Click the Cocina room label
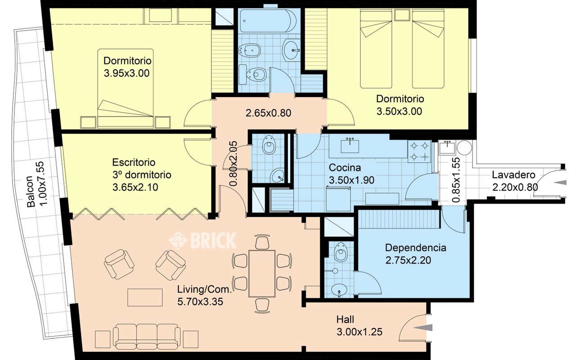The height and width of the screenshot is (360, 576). point(345,168)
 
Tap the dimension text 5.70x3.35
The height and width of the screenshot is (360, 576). point(200,301)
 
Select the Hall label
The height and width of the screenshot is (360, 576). point(345,319)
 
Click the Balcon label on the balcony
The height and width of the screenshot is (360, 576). point(31,191)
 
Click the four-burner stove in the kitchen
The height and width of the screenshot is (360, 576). point(419,151)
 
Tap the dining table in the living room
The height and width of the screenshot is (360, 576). point(262,274)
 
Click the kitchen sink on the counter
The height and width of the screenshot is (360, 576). point(350,146)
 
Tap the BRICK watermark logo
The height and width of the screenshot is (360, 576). point(202,240)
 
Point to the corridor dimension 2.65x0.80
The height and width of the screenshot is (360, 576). point(269,113)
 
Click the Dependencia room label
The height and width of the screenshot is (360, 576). point(415,248)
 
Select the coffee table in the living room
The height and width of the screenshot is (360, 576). point(145,297)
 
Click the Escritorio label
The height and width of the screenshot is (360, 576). point(134,162)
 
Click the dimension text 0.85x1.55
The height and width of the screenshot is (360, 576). point(456,180)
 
